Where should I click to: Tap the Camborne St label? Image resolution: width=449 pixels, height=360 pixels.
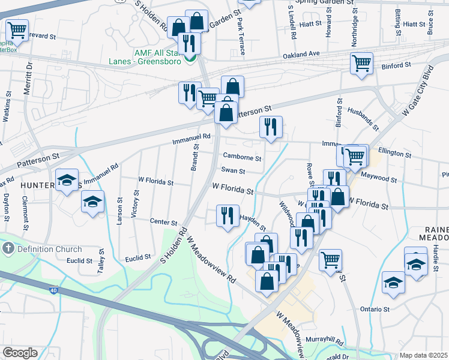(242, 158)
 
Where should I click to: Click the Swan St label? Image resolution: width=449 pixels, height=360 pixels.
(233, 170)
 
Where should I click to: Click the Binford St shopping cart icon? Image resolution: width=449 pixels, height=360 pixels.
(361, 63)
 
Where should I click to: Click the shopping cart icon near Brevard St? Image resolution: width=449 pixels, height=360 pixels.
(17, 29)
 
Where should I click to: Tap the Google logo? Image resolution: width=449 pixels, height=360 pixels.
(20, 352)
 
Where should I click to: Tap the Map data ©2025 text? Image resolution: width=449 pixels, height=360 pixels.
(424, 355)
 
